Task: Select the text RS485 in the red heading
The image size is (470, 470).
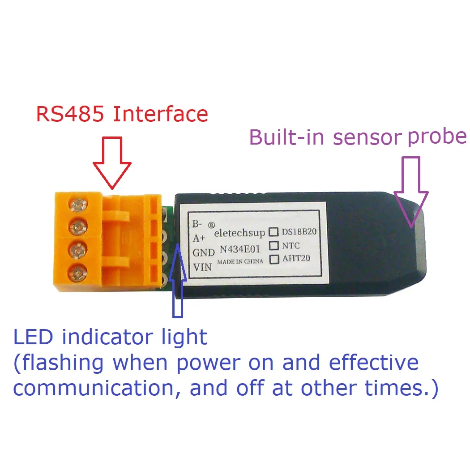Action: coord(70,114)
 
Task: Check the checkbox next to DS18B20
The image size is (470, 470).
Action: coord(273,232)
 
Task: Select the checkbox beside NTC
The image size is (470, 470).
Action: coord(273,245)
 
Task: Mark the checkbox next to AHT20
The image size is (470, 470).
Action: coord(273,259)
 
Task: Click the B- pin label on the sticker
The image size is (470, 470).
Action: coord(197,223)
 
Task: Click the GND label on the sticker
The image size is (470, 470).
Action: coord(204,253)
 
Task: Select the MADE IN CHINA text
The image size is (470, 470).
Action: coord(240,261)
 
